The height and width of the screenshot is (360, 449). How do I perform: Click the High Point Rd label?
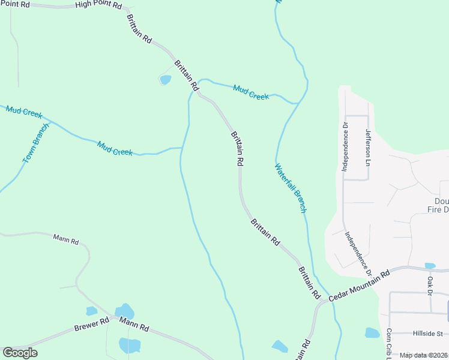point(98,5)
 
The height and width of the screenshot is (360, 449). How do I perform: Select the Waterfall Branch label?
point(291,188)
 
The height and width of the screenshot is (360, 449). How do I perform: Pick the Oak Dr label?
point(430,286)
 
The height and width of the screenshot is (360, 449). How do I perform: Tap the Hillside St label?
point(427,334)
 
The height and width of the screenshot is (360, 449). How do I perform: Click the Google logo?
point(20,353)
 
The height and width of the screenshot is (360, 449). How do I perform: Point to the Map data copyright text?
point(424,355)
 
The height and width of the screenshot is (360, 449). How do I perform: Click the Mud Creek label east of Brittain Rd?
point(251,92)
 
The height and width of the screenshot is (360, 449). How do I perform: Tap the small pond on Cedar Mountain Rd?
point(430,266)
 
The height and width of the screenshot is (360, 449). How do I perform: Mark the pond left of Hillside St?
point(372,332)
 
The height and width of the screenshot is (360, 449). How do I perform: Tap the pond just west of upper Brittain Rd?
point(165,79)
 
